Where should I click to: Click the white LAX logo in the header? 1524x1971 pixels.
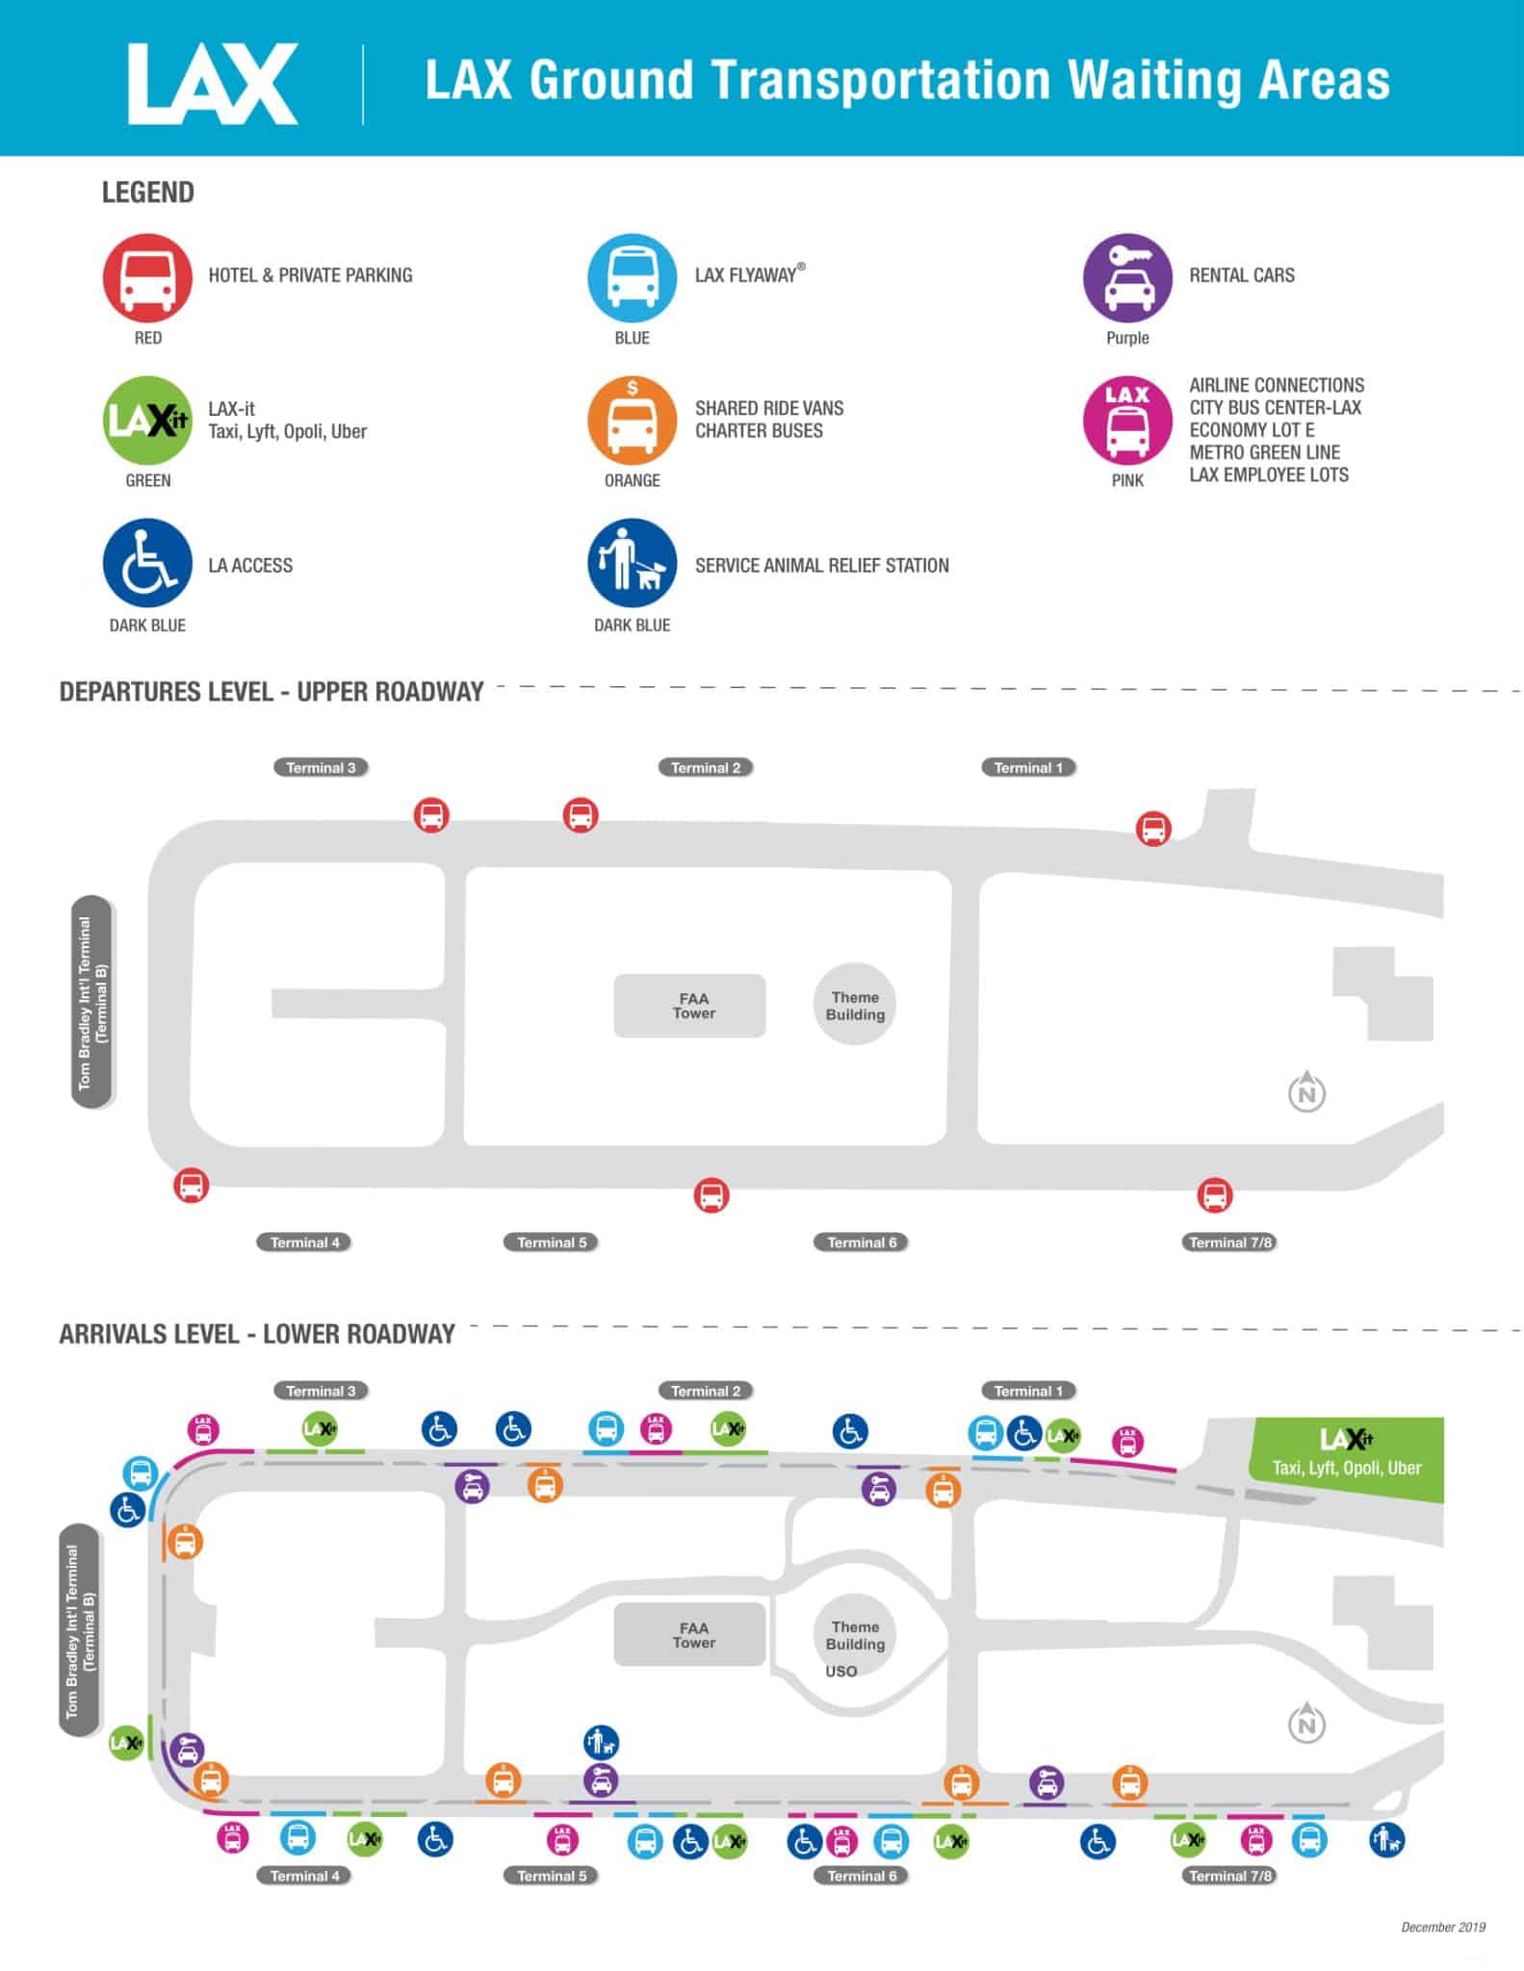click(x=213, y=84)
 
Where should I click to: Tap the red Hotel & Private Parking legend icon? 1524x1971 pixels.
click(x=147, y=277)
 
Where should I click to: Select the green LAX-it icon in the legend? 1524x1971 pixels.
click(x=147, y=421)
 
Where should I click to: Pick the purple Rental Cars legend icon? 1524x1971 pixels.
click(x=1127, y=277)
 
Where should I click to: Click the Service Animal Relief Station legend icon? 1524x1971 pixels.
click(x=632, y=564)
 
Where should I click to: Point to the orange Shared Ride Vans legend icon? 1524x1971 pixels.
click(x=632, y=421)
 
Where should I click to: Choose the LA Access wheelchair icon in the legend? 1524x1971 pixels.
click(x=147, y=564)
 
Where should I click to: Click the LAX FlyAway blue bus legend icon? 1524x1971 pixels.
click(x=632, y=277)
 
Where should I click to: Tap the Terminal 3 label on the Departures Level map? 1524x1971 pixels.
click(x=321, y=767)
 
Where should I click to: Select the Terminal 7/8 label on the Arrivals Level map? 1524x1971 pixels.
click(x=1230, y=1875)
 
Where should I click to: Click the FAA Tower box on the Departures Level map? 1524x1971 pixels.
click(x=690, y=1006)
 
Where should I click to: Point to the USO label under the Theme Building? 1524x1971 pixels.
click(x=840, y=1671)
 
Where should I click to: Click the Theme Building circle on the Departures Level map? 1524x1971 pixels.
click(x=855, y=1006)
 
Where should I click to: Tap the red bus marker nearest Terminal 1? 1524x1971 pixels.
click(x=1153, y=828)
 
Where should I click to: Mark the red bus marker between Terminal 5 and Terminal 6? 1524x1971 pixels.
click(x=711, y=1195)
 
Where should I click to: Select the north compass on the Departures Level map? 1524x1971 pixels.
click(x=1306, y=1092)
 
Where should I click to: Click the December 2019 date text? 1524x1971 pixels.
click(x=1442, y=1927)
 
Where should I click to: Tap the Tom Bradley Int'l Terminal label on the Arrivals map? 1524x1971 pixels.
click(x=79, y=1630)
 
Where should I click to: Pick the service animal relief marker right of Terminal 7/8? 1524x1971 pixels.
click(x=1386, y=1841)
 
